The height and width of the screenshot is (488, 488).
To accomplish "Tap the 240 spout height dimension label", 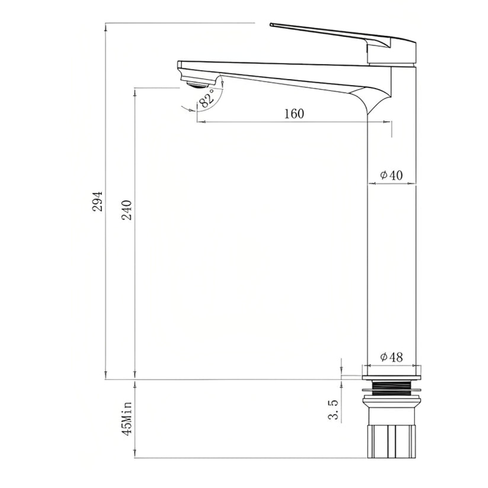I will pyautogui.click(x=127, y=210).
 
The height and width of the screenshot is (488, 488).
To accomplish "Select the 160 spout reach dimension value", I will pyautogui.click(x=294, y=113).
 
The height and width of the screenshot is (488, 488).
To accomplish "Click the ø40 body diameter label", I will pyautogui.click(x=391, y=175).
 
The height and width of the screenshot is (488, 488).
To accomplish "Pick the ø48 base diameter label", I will pyautogui.click(x=391, y=357).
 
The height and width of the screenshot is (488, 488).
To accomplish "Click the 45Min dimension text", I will pyautogui.click(x=127, y=418).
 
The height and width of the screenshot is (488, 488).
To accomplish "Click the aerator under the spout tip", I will pyautogui.click(x=198, y=84).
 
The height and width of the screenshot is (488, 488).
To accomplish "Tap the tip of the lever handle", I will pyautogui.click(x=272, y=24).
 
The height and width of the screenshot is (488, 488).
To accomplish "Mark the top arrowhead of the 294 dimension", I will pyautogui.click(x=105, y=26).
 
